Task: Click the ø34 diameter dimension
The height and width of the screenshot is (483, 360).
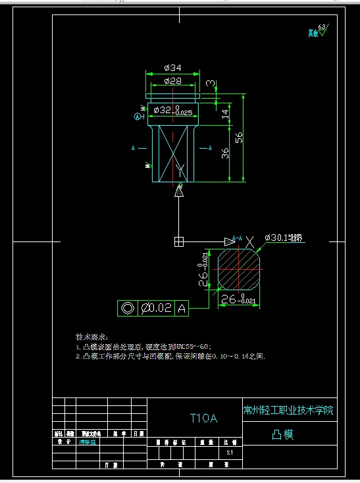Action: [172, 68]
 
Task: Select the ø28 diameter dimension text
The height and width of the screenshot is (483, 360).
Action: [172, 81]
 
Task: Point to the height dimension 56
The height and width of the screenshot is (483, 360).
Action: [239, 137]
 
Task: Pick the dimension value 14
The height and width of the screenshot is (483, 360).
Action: [225, 113]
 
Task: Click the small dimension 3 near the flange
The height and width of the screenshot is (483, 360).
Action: [209, 83]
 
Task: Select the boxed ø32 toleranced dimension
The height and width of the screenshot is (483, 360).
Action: [172, 111]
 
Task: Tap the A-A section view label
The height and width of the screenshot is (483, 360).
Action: [238, 238]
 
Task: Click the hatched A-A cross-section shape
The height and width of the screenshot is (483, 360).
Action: [241, 269]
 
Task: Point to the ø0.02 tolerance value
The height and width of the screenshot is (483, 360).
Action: [157, 307]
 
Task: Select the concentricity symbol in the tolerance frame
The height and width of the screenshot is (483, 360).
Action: [127, 307]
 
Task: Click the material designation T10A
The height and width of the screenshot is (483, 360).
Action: [203, 417]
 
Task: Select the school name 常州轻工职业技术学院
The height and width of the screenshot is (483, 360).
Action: [288, 410]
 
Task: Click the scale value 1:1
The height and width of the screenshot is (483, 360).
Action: [230, 453]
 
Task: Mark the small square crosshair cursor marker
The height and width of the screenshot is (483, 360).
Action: [178, 241]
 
